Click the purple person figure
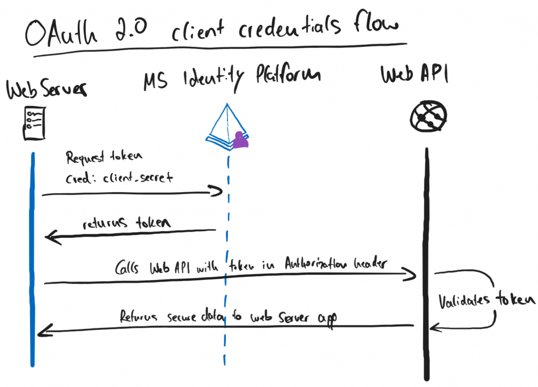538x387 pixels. (241, 140)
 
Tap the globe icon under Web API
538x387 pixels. (428, 116)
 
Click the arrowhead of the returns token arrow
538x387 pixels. (49, 238)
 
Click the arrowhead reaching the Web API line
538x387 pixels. (412, 274)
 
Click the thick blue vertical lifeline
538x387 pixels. (33, 263)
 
